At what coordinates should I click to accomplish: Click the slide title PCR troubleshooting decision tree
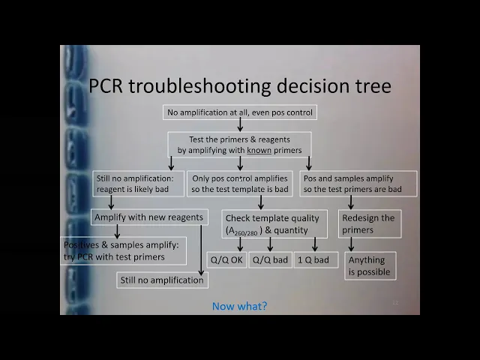pos(239,85)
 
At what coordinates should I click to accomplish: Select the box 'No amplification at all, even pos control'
pos(239,113)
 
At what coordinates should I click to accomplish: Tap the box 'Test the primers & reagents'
pos(239,145)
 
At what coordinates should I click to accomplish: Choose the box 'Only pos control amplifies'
pos(239,184)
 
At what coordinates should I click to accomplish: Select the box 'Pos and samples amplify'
pos(359,184)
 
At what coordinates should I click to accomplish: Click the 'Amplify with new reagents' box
pos(148,217)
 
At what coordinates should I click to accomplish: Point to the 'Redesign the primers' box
pos(370,223)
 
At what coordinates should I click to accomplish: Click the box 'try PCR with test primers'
pos(124,251)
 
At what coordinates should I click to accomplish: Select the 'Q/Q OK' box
pos(226,260)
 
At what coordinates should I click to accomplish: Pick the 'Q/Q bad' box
pos(269,260)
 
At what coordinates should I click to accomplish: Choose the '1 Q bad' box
pos(313,260)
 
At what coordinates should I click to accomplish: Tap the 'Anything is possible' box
pos(370,266)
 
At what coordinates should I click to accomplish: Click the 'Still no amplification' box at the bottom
pos(161,280)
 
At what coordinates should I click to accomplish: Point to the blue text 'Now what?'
pos(239,306)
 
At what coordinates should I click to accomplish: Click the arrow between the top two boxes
pos(239,126)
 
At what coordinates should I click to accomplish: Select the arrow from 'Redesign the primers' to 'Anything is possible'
pos(351,244)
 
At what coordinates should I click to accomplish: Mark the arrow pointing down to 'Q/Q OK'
pos(241,244)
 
